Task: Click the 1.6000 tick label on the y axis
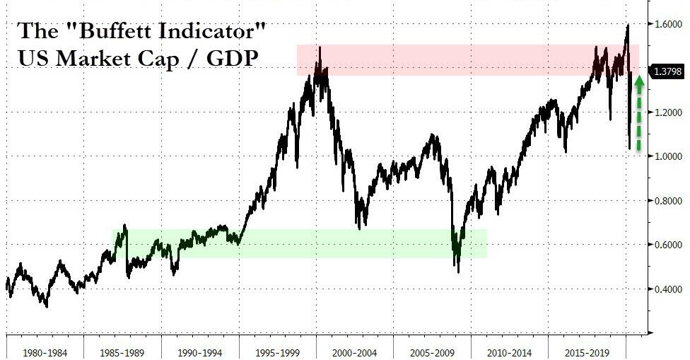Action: point(668,24)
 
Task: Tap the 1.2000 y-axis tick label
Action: point(668,112)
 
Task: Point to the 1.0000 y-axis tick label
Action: point(668,156)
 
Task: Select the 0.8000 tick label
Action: point(668,201)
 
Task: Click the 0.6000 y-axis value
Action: point(668,245)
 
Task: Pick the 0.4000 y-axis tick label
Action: point(668,289)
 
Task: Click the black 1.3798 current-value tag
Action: point(668,73)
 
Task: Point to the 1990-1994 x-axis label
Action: point(199,352)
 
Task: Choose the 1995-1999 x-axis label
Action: point(277,352)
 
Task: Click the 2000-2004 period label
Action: point(355,352)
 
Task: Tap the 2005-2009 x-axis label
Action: point(433,352)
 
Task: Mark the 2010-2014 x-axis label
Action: point(510,352)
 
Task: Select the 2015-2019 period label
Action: point(589,352)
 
